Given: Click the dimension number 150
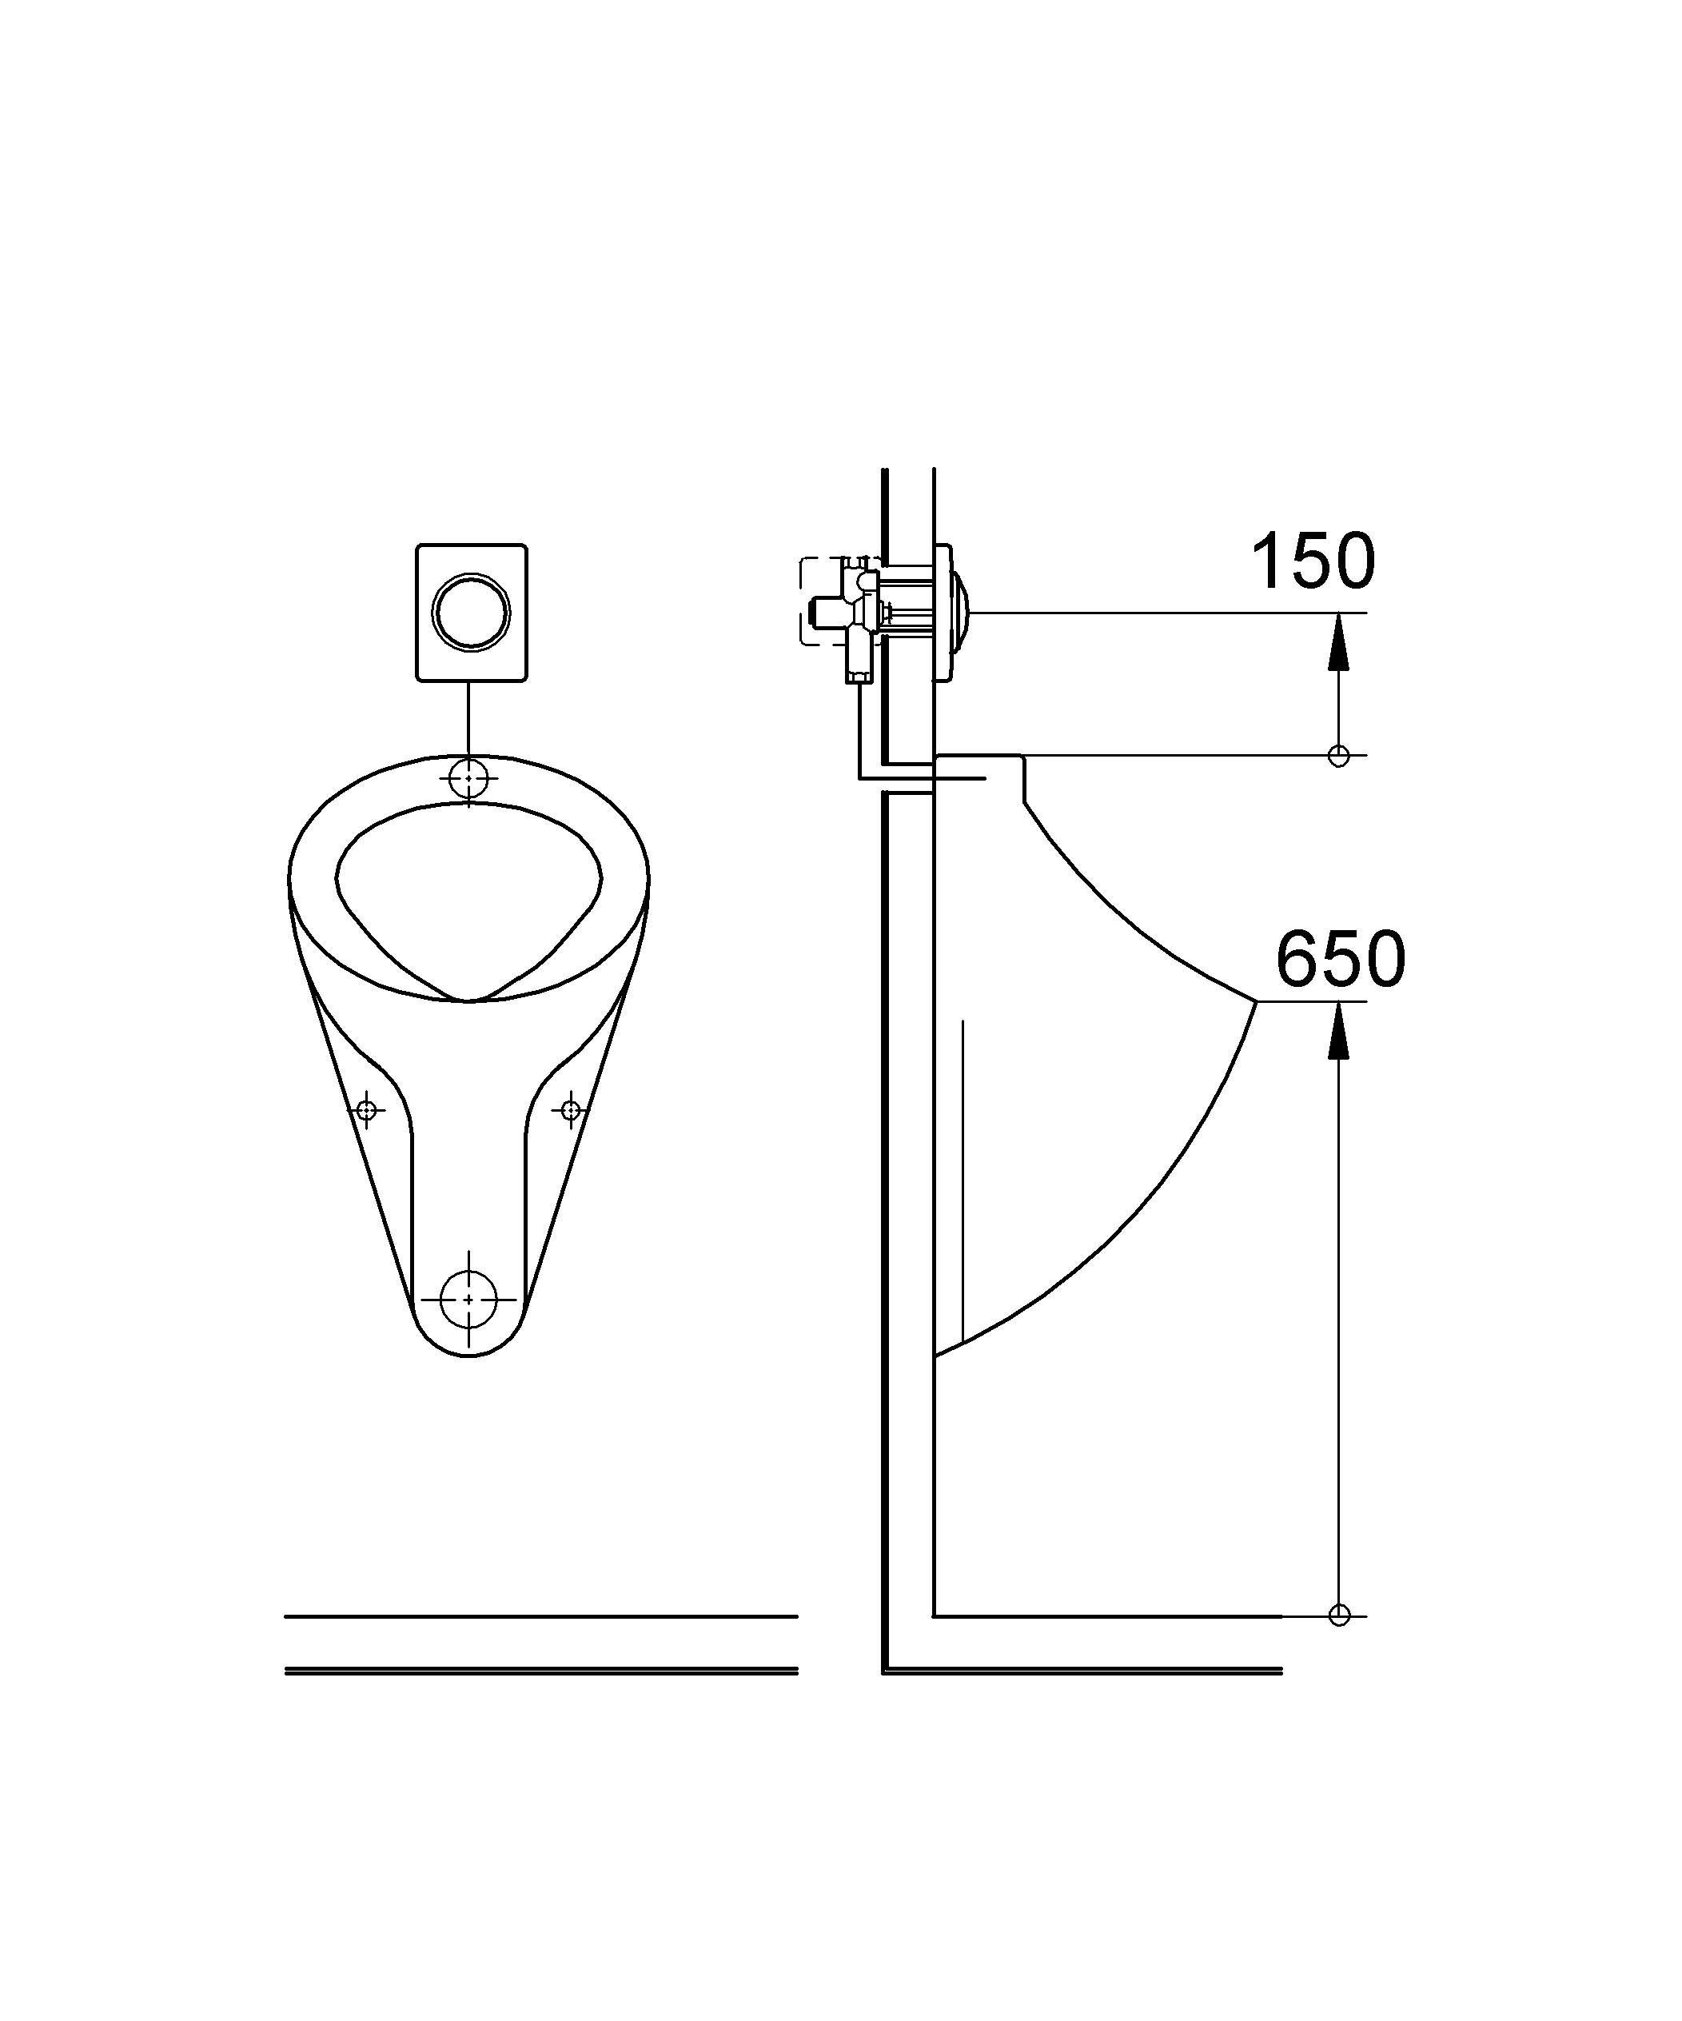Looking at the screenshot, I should [1313, 562].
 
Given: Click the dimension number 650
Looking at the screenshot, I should [1341, 960].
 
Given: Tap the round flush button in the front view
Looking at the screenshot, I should [469, 611].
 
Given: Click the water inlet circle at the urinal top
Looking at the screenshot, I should [468, 777].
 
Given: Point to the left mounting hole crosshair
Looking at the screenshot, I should [365, 1112].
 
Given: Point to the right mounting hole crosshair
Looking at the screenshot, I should [571, 1111].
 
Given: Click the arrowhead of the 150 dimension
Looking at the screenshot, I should [1337, 643].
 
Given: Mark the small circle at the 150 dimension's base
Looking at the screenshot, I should [1338, 757].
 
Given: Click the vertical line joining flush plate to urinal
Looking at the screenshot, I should [468, 717].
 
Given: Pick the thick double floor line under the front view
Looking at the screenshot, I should [540, 1671].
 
